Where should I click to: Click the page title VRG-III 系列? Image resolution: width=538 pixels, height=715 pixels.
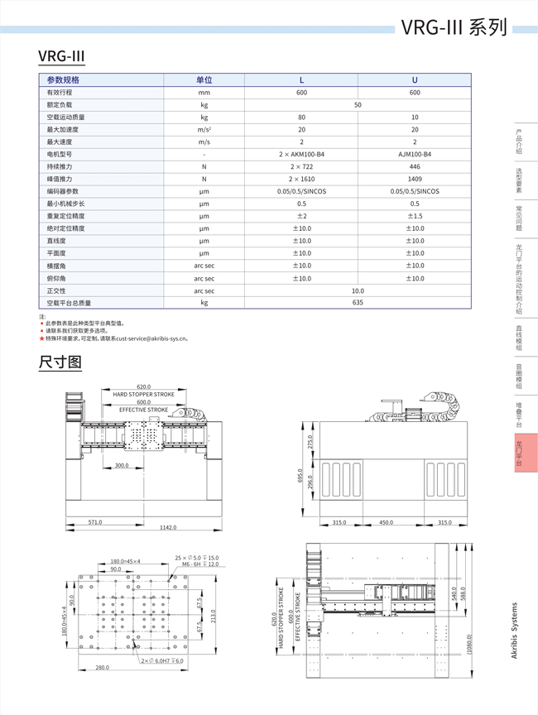point(454,27)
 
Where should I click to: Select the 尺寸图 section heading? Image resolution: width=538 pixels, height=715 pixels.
point(60,362)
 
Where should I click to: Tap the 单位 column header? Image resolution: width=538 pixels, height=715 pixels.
point(204,80)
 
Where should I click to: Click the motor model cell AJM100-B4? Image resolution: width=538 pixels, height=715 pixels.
point(415,154)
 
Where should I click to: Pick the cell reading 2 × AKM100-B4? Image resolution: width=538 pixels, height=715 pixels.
point(301,154)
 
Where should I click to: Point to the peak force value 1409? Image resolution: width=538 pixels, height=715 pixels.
point(415,179)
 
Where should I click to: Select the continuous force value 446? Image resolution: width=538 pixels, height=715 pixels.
point(415,166)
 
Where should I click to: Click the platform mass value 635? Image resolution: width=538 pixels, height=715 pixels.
point(358,303)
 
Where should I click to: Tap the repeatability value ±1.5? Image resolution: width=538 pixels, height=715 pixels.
point(415,216)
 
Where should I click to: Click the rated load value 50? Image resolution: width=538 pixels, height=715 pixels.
point(358,105)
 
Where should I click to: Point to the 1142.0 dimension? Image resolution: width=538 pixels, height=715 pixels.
point(168,527)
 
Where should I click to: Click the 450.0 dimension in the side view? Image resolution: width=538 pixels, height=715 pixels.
point(386,522)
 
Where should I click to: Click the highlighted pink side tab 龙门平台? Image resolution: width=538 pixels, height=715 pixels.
point(519,454)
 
